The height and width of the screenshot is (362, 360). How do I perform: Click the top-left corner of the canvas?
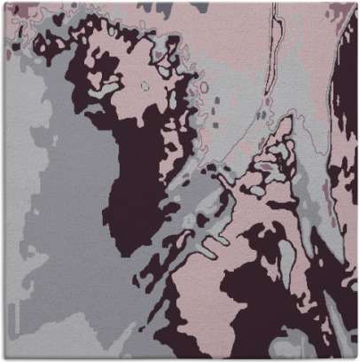(x=3, y=3)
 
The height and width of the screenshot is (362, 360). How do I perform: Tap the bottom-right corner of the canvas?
(x=356, y=358)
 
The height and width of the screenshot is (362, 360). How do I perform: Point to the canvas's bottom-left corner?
(x=3, y=358)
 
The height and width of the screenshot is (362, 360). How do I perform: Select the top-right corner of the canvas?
(x=356, y=3)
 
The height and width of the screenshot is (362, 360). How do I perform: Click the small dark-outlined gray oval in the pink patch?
(x=145, y=86)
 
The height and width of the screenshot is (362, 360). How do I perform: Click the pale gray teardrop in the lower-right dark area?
(x=288, y=257)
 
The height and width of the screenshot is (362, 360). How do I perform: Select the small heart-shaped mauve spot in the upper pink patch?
(x=59, y=18)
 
